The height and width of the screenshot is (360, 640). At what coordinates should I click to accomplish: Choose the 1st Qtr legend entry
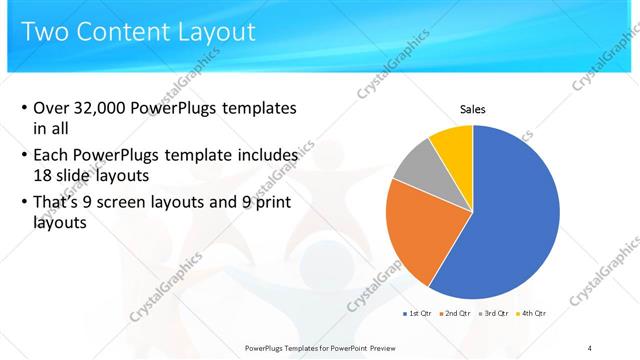tap(417, 313)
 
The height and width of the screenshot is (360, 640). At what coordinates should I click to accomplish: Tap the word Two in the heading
tap(46, 32)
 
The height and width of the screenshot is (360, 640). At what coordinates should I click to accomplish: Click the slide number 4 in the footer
tap(590, 347)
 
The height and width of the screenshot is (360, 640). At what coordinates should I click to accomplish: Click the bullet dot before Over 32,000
tap(24, 108)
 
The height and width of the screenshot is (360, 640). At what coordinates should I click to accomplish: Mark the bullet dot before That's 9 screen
tap(24, 205)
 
